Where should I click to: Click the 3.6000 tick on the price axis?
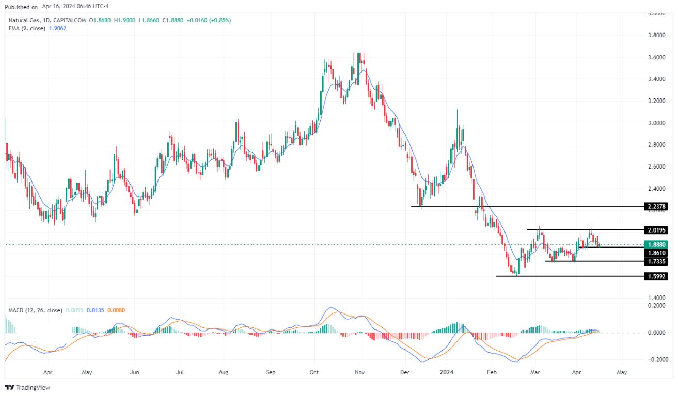pos(657,57)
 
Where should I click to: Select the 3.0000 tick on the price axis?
pos(657,123)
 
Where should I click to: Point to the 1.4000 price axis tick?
pos(657,298)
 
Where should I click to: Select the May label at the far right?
pos(622,371)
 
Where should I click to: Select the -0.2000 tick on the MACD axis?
pos(656,359)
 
